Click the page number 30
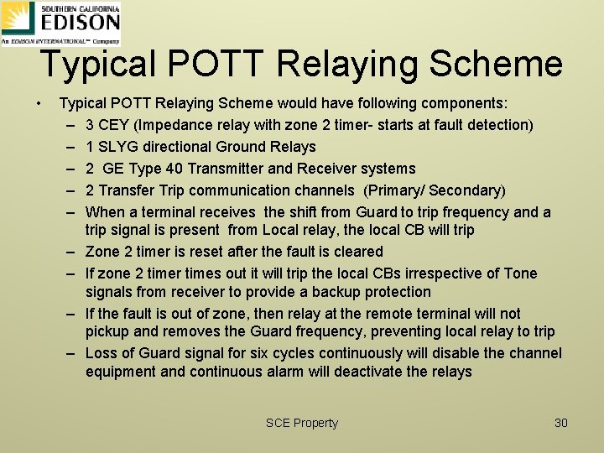(561, 423)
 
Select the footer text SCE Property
(301, 423)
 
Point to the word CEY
(113, 125)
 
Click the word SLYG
(115, 147)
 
